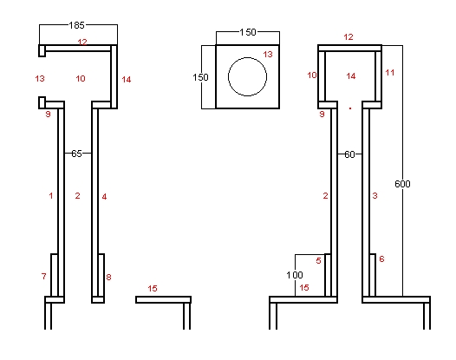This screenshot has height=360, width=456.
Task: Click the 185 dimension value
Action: click(77, 25)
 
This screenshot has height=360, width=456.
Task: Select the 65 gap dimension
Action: click(77, 154)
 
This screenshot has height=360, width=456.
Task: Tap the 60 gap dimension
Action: click(349, 154)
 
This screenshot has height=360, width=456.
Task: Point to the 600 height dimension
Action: click(402, 184)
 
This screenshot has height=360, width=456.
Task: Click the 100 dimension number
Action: click(295, 275)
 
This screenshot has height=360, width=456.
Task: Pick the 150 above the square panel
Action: click(248, 32)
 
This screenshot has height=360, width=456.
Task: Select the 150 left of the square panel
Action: click(200, 77)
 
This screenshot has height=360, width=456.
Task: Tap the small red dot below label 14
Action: click(350, 108)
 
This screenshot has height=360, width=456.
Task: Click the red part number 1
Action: click(51, 195)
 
